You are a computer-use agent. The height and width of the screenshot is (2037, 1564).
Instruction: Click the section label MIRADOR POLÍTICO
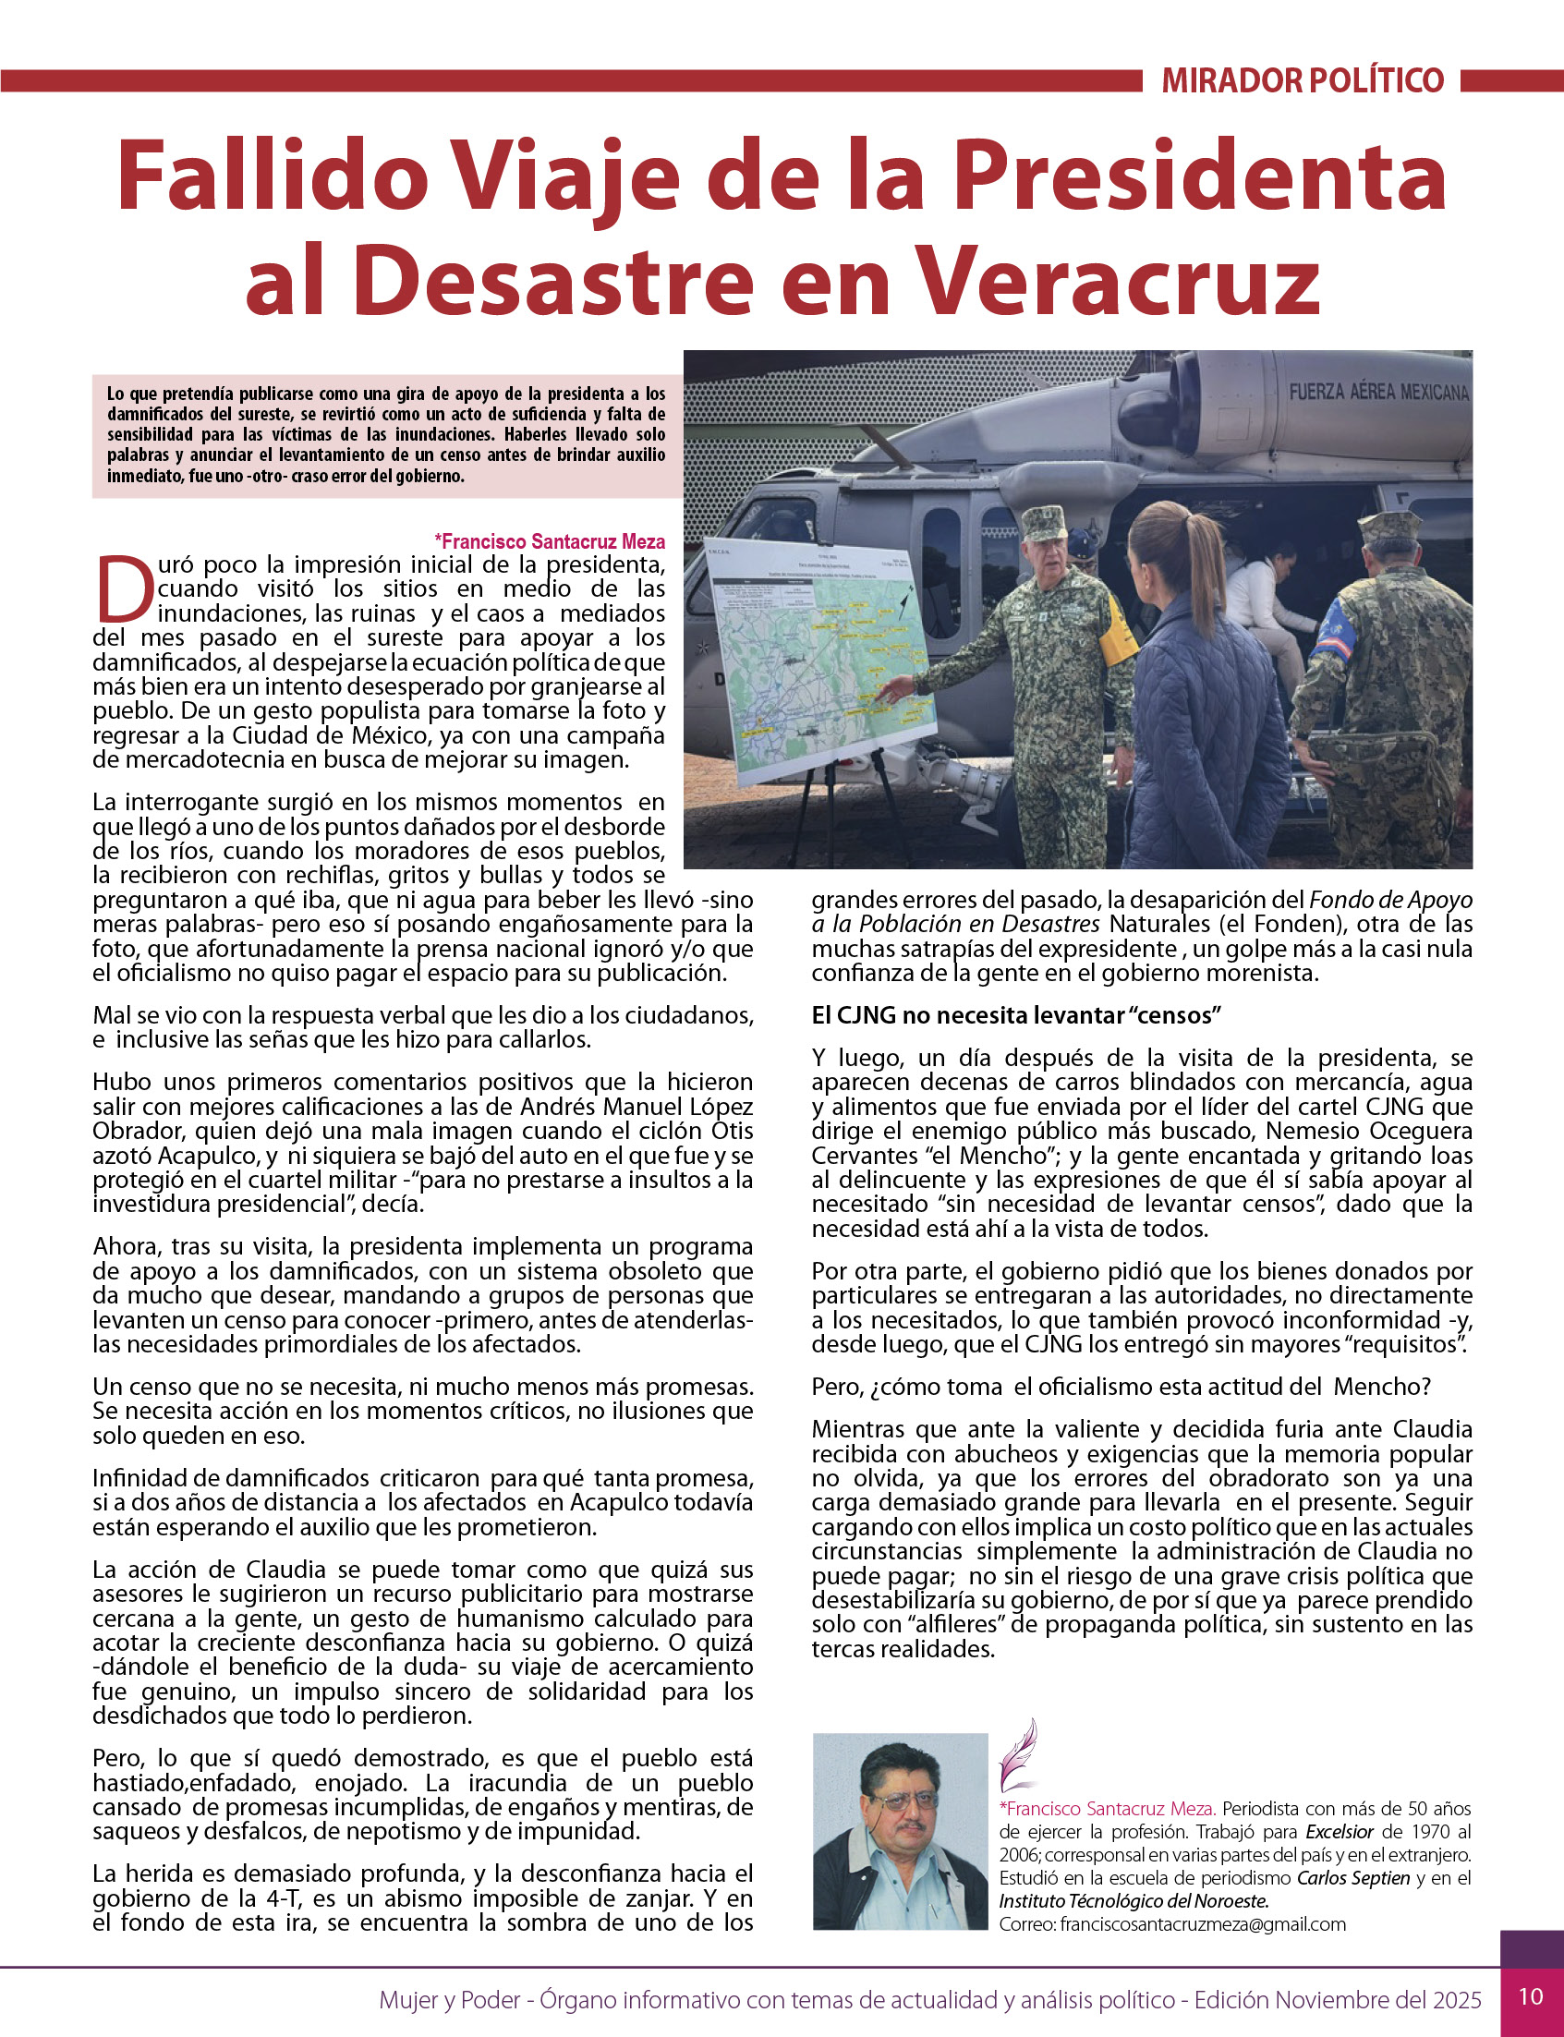[x=1303, y=81]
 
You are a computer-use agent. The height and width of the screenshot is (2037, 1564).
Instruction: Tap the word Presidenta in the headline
[x=1200, y=176]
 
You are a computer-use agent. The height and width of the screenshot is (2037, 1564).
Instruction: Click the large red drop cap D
[x=124, y=589]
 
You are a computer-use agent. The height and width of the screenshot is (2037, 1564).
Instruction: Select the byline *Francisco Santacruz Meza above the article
[x=550, y=541]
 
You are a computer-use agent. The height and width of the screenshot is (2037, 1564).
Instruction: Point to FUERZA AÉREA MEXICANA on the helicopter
[x=1377, y=392]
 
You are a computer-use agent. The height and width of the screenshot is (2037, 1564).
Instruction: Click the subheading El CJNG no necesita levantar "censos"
[x=1015, y=1014]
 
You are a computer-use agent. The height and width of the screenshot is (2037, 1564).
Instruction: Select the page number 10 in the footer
[x=1531, y=1996]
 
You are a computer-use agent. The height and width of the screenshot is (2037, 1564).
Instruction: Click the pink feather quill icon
[x=1017, y=1756]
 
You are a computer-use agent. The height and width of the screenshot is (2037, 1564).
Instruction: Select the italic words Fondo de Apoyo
[x=1391, y=900]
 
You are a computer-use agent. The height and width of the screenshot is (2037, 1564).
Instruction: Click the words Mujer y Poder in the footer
[x=449, y=1999]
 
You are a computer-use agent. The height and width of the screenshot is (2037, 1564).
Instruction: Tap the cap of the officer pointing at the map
[x=1044, y=521]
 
